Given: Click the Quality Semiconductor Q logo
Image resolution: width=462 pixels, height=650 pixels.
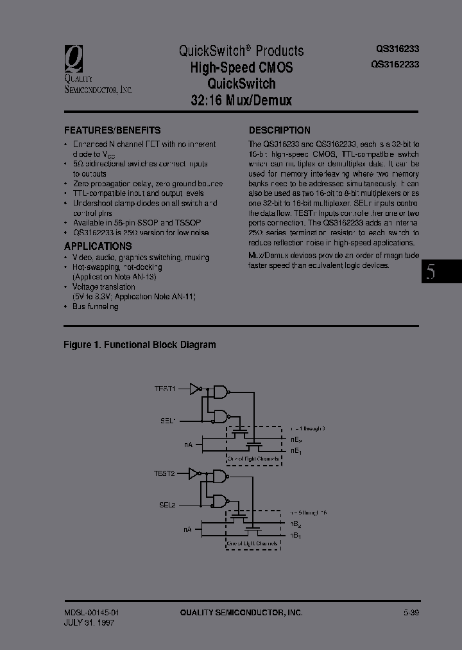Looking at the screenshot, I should pyautogui.click(x=76, y=58).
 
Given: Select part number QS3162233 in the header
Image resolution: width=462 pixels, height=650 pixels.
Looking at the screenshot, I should pyautogui.click(x=395, y=64).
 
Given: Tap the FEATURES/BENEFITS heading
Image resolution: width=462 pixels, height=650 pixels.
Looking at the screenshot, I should pyautogui.click(x=112, y=130).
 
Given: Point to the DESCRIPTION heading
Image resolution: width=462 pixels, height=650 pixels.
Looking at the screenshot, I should pyautogui.click(x=279, y=130).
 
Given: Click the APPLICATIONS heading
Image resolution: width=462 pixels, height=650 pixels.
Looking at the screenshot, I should pyautogui.click(x=98, y=246).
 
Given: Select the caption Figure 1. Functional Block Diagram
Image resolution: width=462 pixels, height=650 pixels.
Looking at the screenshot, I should pyautogui.click(x=139, y=345).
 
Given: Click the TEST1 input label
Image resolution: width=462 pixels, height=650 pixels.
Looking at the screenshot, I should pyautogui.click(x=164, y=389).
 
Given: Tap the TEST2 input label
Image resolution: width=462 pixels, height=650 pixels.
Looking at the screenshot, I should pyautogui.click(x=164, y=473).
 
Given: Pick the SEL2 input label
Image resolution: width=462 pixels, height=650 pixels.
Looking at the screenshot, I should pyautogui.click(x=167, y=505).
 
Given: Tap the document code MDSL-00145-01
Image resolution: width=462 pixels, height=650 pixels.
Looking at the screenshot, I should pyautogui.click(x=92, y=613).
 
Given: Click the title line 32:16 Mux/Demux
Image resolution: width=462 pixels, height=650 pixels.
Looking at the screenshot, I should pyautogui.click(x=241, y=100).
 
